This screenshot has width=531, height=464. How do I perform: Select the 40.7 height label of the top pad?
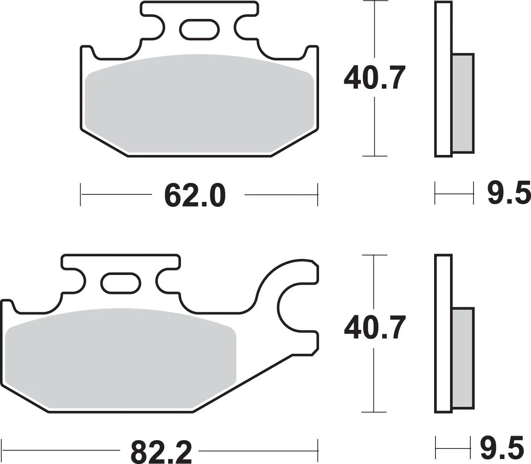click(374, 78)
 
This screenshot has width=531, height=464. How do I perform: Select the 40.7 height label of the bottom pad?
click(374, 328)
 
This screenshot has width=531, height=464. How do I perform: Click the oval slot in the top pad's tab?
click(199, 28)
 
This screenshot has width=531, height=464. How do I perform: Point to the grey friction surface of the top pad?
click(199, 104)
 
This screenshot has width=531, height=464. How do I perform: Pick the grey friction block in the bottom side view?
click(463, 358)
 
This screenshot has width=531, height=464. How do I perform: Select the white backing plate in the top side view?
click(443, 80)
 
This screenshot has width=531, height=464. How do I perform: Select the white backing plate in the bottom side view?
click(443, 334)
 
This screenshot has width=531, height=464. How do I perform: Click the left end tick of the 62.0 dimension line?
click(81, 194)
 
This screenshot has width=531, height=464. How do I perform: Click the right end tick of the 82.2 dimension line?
click(318, 451)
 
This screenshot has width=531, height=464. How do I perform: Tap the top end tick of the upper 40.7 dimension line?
click(375, 2)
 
